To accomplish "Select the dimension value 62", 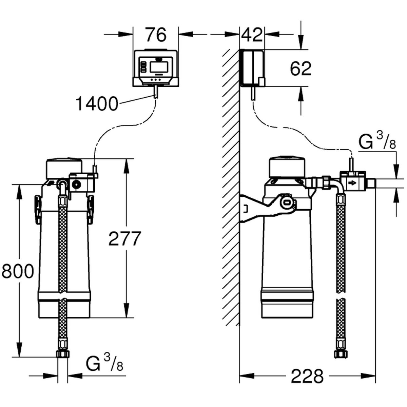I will [301, 69].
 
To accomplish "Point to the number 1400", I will [97, 103].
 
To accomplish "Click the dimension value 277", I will [124, 238].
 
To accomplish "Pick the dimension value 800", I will [17, 271].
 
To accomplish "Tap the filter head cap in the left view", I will [64, 167].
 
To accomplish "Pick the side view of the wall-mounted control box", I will [252, 67].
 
